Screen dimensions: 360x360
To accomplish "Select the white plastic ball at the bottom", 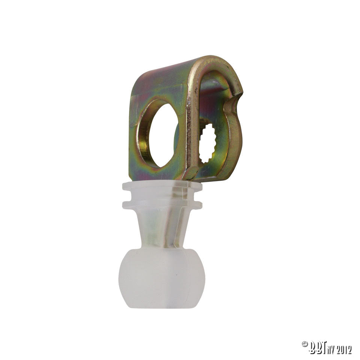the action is (162, 277).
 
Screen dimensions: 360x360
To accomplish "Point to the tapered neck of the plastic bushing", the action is (162, 228).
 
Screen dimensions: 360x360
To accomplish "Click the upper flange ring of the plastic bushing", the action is (162, 187).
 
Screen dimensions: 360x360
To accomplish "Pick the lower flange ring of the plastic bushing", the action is (162, 204).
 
